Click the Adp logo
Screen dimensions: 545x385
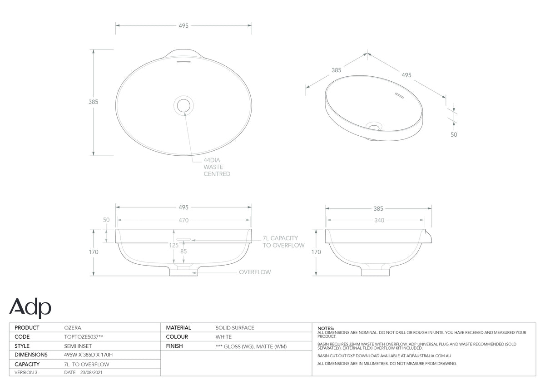[30, 308]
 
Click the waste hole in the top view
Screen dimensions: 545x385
[183, 105]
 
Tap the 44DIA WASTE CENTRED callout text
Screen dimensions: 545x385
[217, 167]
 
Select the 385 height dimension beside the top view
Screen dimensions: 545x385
[93, 102]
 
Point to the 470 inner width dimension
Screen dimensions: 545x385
[183, 220]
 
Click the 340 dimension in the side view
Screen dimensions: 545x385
[379, 220]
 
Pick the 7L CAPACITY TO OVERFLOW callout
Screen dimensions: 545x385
[283, 242]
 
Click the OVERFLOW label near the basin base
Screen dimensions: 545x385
[255, 272]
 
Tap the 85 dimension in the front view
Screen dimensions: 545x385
[183, 251]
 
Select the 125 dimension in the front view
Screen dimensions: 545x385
[173, 245]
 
